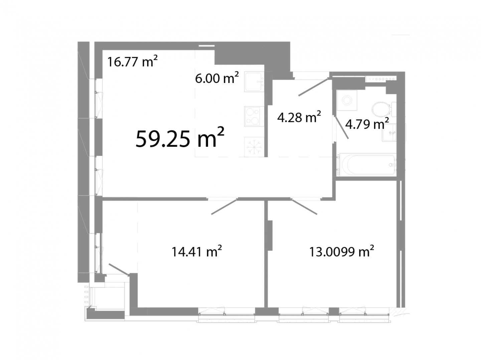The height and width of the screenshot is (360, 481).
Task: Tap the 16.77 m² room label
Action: click(x=132, y=61)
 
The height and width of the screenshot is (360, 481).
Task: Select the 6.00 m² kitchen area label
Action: click(x=217, y=78)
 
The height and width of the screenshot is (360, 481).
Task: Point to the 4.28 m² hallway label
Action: click(x=299, y=117)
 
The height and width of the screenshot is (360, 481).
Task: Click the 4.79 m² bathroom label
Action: click(x=367, y=124)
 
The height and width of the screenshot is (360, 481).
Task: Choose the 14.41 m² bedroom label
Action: click(x=196, y=251)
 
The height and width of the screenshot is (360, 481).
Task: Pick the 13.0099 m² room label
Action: click(x=341, y=251)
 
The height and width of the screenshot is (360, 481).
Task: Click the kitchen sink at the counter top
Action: click(x=254, y=82)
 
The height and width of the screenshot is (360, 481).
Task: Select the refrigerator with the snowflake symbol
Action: click(x=254, y=147)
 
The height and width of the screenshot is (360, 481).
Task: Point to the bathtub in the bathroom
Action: click(x=367, y=165)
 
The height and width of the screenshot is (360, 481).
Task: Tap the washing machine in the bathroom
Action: click(x=347, y=100)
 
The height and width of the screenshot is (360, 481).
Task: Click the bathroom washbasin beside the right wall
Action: click(x=389, y=132)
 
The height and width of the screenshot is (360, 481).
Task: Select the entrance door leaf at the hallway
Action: click(x=314, y=87)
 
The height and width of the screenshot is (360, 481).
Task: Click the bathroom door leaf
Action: click(x=342, y=127)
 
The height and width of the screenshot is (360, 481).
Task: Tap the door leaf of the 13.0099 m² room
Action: click(x=304, y=207)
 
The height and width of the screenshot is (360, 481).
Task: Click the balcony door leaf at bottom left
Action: click(x=119, y=269)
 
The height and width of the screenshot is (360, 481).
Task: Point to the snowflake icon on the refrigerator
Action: click(x=254, y=147)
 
